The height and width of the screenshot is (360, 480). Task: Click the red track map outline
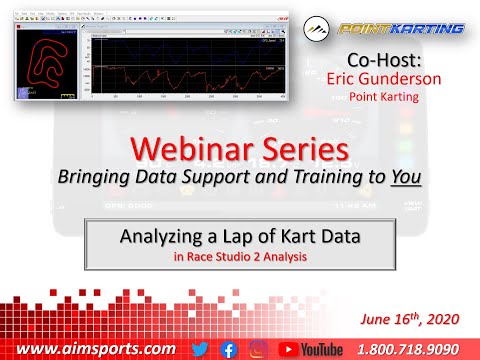(46, 64)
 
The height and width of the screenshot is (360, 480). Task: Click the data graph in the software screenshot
(185, 65)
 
